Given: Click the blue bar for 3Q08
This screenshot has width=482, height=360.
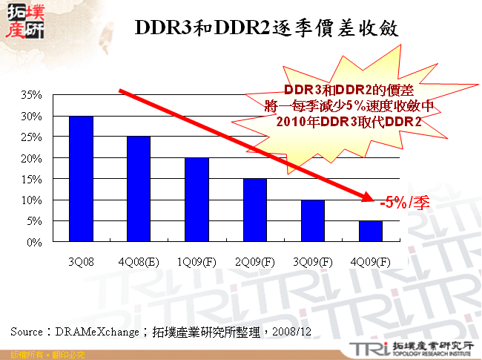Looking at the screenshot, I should click(81, 179).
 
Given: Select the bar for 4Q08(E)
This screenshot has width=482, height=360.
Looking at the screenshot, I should click(139, 189).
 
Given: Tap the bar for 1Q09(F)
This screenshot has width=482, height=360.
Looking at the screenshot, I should click(197, 200).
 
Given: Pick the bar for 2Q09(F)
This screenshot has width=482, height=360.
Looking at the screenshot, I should click(254, 210).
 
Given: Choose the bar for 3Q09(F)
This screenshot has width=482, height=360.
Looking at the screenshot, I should click(312, 220).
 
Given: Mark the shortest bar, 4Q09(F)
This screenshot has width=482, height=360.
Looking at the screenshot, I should click(370, 231).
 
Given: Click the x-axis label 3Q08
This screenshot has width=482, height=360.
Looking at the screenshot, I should click(81, 261).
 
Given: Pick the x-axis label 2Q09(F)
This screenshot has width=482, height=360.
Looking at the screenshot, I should click(254, 261).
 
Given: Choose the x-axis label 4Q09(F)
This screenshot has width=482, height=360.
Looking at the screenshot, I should click(370, 261).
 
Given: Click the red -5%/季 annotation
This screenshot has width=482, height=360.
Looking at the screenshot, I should click(404, 203).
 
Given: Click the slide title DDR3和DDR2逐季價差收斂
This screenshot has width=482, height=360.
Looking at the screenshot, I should click(267, 28).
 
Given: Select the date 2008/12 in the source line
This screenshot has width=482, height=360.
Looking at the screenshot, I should click(290, 331).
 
